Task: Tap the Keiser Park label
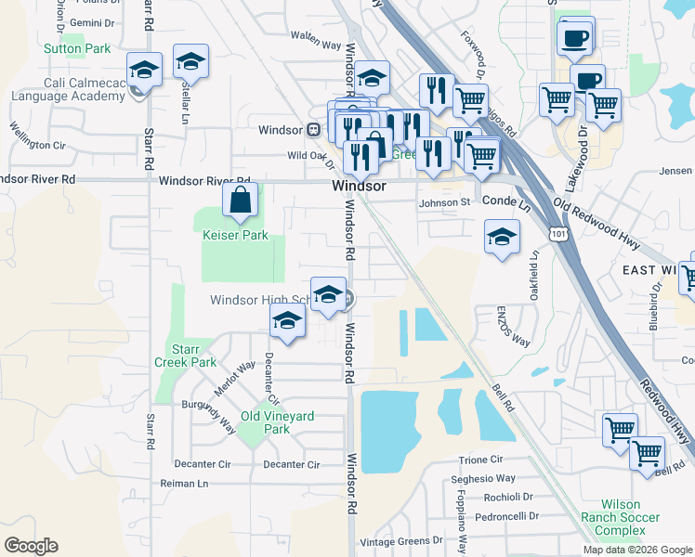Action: click(x=235, y=236)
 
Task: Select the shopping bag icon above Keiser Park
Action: click(x=241, y=201)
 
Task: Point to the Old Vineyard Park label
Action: click(x=277, y=422)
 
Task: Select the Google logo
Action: click(x=31, y=546)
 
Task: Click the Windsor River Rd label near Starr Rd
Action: click(x=204, y=181)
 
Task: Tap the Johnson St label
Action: click(x=445, y=202)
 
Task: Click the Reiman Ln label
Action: click(x=184, y=484)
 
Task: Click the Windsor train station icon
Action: click(x=314, y=130)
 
